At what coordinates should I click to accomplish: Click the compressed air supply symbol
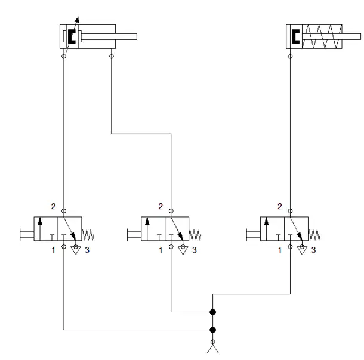(x=212, y=346)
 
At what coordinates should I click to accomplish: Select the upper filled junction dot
(x=212, y=312)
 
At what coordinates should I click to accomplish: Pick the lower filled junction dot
(x=212, y=330)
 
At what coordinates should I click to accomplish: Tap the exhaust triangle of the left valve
(x=76, y=249)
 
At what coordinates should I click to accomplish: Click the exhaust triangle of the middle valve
(x=183, y=249)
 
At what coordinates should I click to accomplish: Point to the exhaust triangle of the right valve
(x=303, y=249)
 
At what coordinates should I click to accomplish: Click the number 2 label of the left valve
(x=53, y=206)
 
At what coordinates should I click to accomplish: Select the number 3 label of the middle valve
(x=195, y=250)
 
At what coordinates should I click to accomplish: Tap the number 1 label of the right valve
(x=280, y=250)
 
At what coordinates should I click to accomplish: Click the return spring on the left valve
(x=88, y=235)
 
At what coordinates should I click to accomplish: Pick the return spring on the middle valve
(x=195, y=235)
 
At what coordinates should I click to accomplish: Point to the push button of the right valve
(x=253, y=235)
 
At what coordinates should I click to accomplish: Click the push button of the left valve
(x=27, y=235)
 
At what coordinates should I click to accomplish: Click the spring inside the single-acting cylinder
(x=322, y=36)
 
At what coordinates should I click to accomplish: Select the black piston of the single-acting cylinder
(x=295, y=36)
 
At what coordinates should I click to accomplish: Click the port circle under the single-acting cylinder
(x=290, y=57)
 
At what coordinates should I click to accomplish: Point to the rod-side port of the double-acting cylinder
(x=112, y=57)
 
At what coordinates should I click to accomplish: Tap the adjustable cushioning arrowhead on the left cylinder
(x=78, y=20)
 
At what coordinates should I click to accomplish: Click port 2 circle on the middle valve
(x=171, y=211)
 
